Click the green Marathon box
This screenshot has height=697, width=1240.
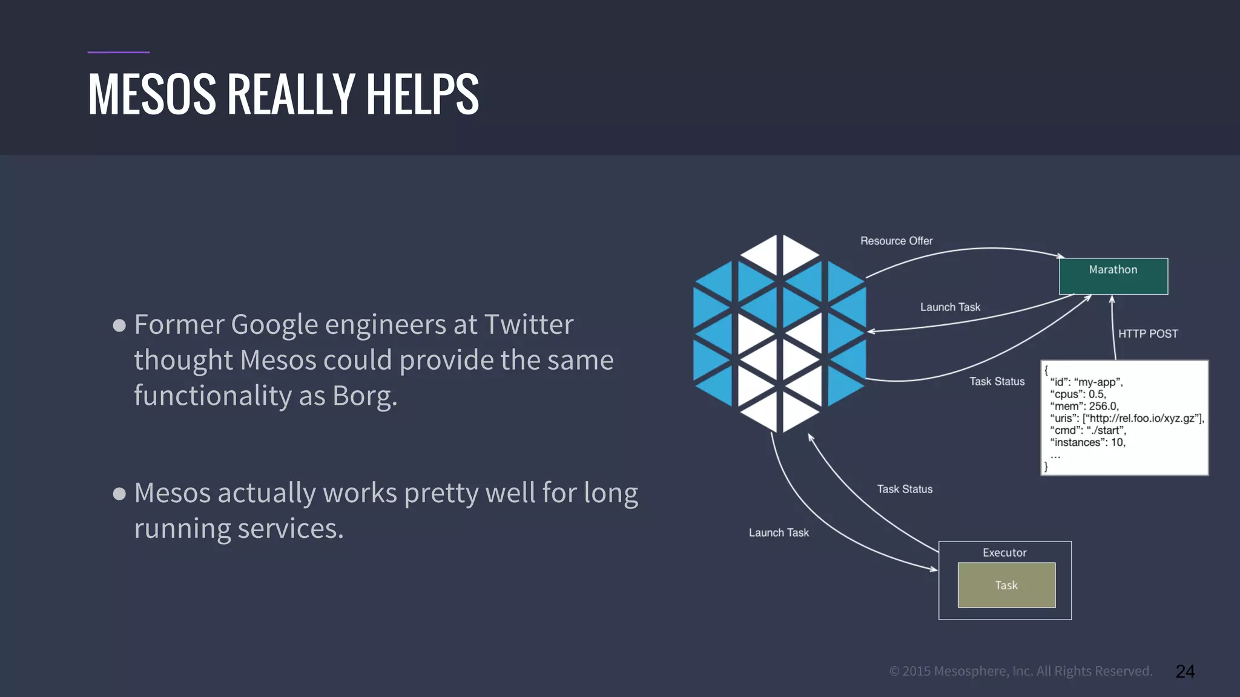pos(1113,277)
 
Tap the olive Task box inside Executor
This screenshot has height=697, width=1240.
pos(1006,585)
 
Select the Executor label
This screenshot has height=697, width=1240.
pos(1004,552)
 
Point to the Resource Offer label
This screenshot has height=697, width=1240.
pos(896,241)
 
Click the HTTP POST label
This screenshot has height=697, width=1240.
pos(1147,334)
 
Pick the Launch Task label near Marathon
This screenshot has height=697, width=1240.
pos(950,307)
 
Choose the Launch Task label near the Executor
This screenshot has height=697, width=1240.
pos(779,532)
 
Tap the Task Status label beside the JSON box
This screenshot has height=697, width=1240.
pos(997,381)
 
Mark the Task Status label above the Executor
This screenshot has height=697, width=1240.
pos(905,489)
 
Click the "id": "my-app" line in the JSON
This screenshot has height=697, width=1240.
pos(1086,382)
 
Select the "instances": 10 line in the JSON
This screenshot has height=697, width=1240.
pos(1087,442)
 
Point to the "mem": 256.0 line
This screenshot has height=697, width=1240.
pos(1084,406)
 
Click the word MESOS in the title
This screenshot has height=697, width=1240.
pos(152,94)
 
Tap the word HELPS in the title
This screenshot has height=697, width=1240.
pos(422,94)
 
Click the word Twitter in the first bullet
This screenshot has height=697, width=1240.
pos(529,324)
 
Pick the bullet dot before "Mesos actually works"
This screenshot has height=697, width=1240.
pos(119,494)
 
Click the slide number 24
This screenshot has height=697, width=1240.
pos(1185,671)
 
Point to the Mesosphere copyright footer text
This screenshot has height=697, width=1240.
pos(1021,671)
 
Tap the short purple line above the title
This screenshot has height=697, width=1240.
pos(118,52)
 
